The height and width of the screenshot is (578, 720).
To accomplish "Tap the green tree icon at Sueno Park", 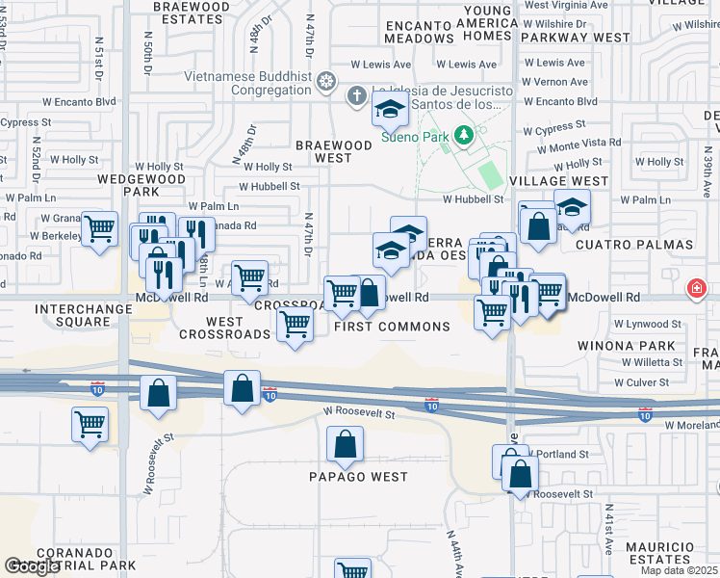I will pos(465,133).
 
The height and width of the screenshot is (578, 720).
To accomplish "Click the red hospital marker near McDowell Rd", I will pos(697,289).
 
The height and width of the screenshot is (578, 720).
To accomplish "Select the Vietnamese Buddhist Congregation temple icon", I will pos(326,81).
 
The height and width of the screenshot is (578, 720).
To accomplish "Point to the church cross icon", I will pos(357,94).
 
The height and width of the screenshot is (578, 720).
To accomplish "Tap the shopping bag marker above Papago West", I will pos(345,445).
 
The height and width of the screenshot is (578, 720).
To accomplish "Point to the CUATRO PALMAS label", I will pos(634,245).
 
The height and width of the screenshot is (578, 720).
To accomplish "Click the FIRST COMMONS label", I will pos(392,327).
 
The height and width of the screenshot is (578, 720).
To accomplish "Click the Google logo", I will pos(32,566).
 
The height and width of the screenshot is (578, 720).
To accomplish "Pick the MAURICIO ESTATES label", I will pos(659,553).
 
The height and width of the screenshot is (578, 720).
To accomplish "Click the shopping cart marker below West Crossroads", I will pos(295,325).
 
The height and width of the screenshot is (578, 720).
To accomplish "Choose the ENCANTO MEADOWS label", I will pos(419,32).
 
